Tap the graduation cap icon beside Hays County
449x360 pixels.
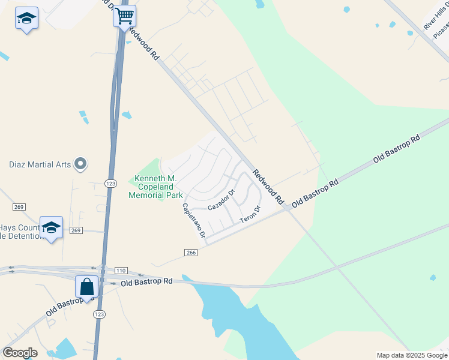(x=52, y=227)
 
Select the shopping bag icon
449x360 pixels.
(x=86, y=287)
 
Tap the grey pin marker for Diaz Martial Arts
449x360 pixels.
(x=80, y=164)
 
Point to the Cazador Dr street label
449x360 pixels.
(x=220, y=199)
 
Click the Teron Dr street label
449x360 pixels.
(x=251, y=215)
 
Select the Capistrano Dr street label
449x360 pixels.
(x=194, y=219)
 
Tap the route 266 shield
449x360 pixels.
(x=191, y=253)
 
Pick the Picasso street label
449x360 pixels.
(x=442, y=30)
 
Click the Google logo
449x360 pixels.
(x=20, y=353)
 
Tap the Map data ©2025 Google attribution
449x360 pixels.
(x=412, y=355)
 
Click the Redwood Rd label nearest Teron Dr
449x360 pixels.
(x=267, y=185)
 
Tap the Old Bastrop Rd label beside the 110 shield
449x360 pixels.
(x=146, y=281)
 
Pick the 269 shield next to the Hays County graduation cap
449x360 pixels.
(x=75, y=230)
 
